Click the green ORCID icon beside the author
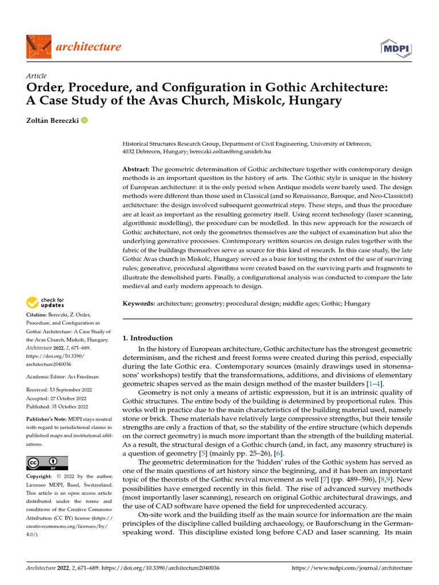click(85, 121)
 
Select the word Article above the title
click(37, 76)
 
